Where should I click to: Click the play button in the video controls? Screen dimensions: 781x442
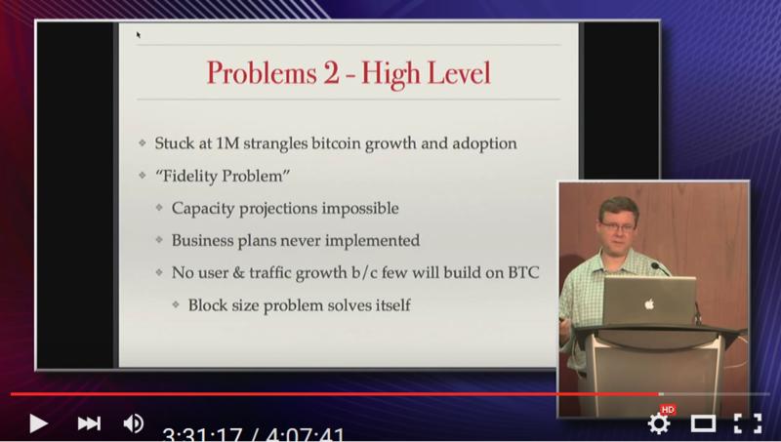(x=38, y=423)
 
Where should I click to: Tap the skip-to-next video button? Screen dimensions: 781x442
(x=89, y=423)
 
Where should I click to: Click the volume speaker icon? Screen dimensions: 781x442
(x=134, y=423)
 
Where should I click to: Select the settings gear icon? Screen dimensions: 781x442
(x=658, y=424)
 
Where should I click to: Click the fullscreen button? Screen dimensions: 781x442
(x=748, y=423)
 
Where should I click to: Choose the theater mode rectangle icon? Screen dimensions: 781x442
(x=703, y=424)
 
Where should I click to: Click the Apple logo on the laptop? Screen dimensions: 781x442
(x=648, y=303)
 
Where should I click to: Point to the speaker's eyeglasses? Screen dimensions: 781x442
(x=618, y=227)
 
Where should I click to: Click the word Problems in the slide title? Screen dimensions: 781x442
(x=262, y=73)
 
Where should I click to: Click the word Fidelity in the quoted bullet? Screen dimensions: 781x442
(x=190, y=177)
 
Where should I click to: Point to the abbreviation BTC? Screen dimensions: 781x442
(x=523, y=273)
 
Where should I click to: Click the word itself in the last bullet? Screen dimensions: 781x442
(x=393, y=304)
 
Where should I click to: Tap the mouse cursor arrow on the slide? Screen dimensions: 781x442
(x=139, y=35)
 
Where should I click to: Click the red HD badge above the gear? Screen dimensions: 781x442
(x=668, y=410)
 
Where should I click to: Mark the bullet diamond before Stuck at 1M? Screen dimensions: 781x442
(x=143, y=143)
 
